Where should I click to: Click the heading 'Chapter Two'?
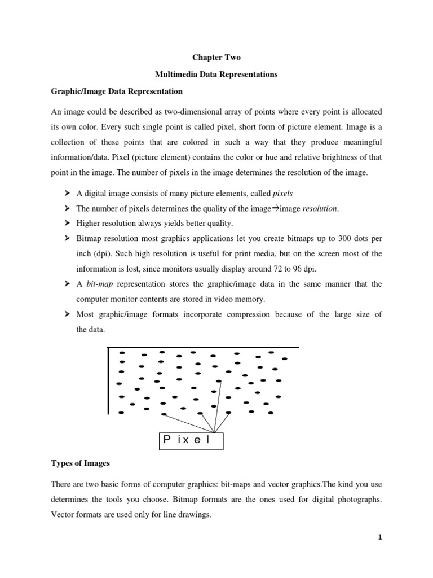click(216, 57)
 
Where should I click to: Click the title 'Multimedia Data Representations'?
click(216, 74)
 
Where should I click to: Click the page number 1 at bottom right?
click(380, 537)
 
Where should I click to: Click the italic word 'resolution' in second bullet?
click(320, 208)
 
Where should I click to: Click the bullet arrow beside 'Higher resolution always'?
click(63, 224)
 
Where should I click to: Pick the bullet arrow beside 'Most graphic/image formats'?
click(63, 314)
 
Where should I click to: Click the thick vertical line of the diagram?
click(108, 381)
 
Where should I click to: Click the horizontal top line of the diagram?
click(203, 348)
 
